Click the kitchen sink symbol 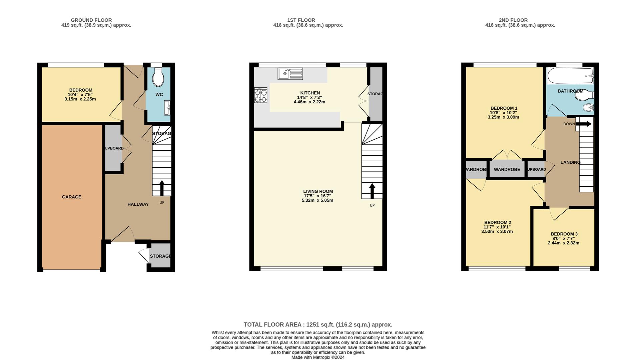click(290, 73)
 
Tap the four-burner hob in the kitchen click(260, 95)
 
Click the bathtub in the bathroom click(570, 76)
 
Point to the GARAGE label click(71, 197)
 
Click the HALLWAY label click(138, 204)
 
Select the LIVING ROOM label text click(318, 191)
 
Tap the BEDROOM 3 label click(564, 234)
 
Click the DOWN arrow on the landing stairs click(584, 124)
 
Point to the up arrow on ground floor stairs click(162, 188)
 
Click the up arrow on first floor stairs click(372, 191)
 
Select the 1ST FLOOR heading click(301, 20)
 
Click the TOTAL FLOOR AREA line click(318, 324)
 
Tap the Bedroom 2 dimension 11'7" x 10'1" click(497, 227)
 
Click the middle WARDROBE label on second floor click(507, 169)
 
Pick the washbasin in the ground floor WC click(167, 108)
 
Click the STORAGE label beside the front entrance click(160, 256)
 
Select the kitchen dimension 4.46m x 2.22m click(309, 102)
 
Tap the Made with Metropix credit click(318, 357)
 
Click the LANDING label click(570, 162)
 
